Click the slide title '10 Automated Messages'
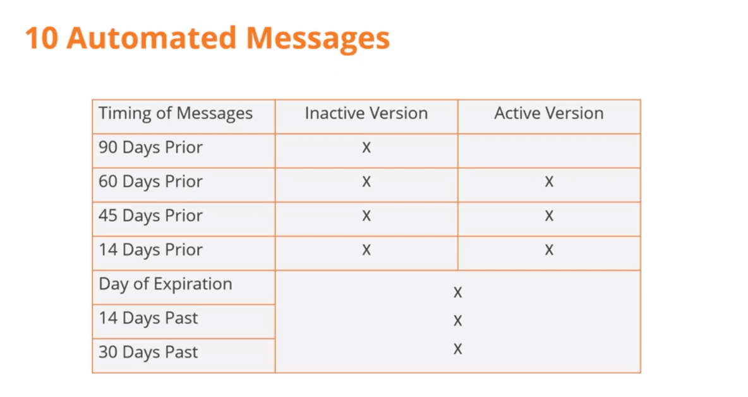coord(207,39)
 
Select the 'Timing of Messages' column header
coord(176,114)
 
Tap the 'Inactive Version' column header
coord(366,113)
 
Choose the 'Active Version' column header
coord(549,113)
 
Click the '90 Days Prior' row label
coord(150,147)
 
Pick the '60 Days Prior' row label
coord(150,182)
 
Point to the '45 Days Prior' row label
coord(150,216)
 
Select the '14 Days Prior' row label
coord(150,250)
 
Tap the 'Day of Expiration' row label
coord(165,284)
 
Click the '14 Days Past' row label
coord(148,318)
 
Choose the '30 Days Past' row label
coord(148,352)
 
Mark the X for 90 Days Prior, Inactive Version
coord(366,147)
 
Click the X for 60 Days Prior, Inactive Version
coord(366,182)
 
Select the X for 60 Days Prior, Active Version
coord(549,182)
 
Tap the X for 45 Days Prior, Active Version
coord(549,216)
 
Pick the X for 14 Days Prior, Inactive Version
coord(366,250)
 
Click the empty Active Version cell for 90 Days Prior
coord(549,151)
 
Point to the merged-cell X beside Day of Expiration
coord(457,293)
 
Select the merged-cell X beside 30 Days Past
coord(457,350)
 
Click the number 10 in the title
coord(42,39)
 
